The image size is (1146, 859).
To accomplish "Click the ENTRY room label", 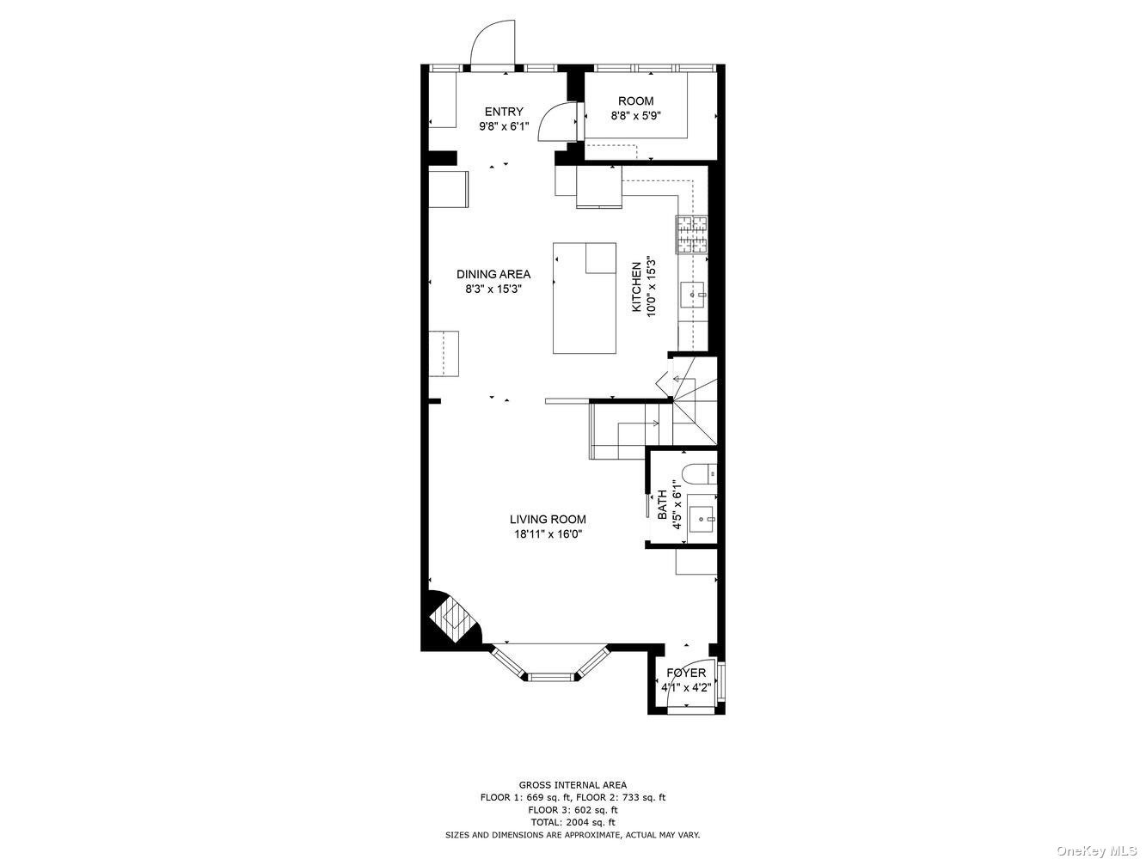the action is [504, 112].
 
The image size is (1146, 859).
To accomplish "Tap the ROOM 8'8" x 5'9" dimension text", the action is [636, 116].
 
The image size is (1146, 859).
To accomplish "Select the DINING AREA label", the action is [493, 274].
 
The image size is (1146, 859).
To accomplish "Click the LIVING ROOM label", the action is [548, 520].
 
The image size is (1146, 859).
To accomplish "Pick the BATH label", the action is [662, 504].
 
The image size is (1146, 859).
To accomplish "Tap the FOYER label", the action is [686, 673].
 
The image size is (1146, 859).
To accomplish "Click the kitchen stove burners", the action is [692, 235].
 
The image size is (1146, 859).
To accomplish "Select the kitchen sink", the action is [694, 295].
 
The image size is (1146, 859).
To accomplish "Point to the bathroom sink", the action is [702, 519].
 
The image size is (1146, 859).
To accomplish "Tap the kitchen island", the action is [585, 298].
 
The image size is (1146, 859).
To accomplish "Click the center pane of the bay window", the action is [551, 677].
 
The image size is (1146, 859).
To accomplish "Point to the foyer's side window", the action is [721, 683].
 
